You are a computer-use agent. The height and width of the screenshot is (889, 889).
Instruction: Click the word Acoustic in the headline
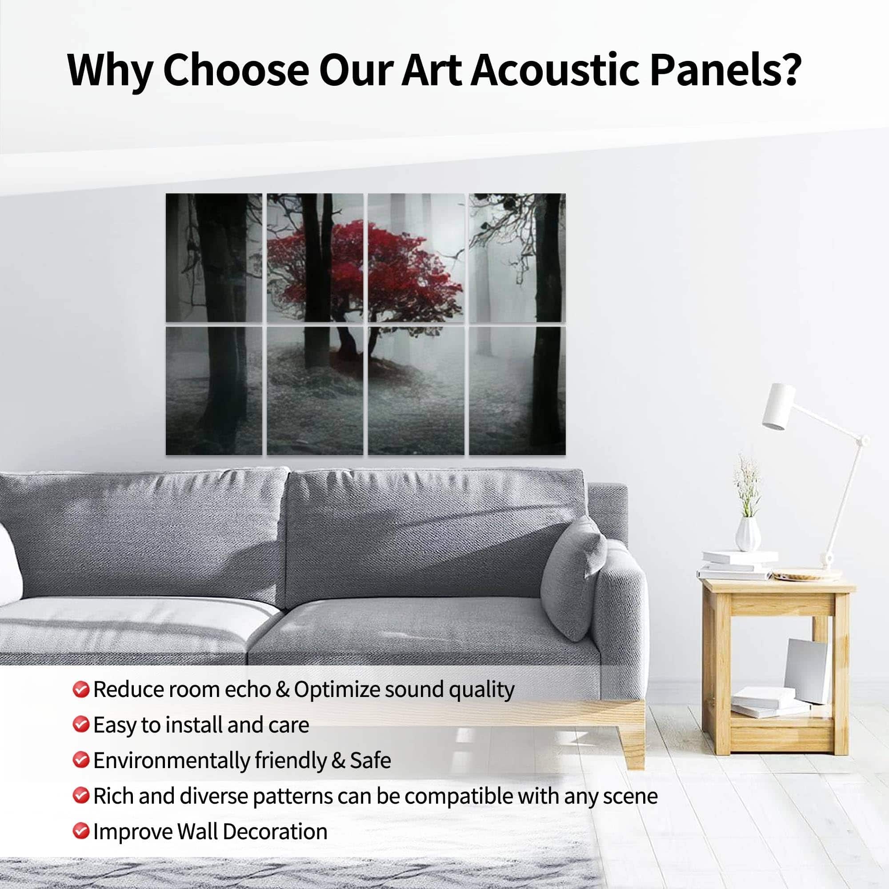coord(554,70)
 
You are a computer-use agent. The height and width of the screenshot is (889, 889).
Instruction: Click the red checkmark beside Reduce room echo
coord(81,689)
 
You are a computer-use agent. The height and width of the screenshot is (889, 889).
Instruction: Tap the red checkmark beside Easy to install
coord(81,724)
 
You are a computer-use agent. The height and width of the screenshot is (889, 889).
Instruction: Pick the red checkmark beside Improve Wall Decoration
coord(81,831)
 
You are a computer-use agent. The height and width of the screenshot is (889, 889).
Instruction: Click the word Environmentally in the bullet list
coord(172,761)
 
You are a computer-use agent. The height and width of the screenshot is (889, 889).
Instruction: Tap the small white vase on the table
coord(748,534)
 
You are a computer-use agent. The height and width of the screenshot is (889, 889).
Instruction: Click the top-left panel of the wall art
coord(214,258)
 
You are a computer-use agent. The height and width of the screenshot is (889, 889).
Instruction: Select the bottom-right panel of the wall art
coord(517,391)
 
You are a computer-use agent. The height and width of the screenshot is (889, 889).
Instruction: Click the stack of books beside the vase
coord(736,565)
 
